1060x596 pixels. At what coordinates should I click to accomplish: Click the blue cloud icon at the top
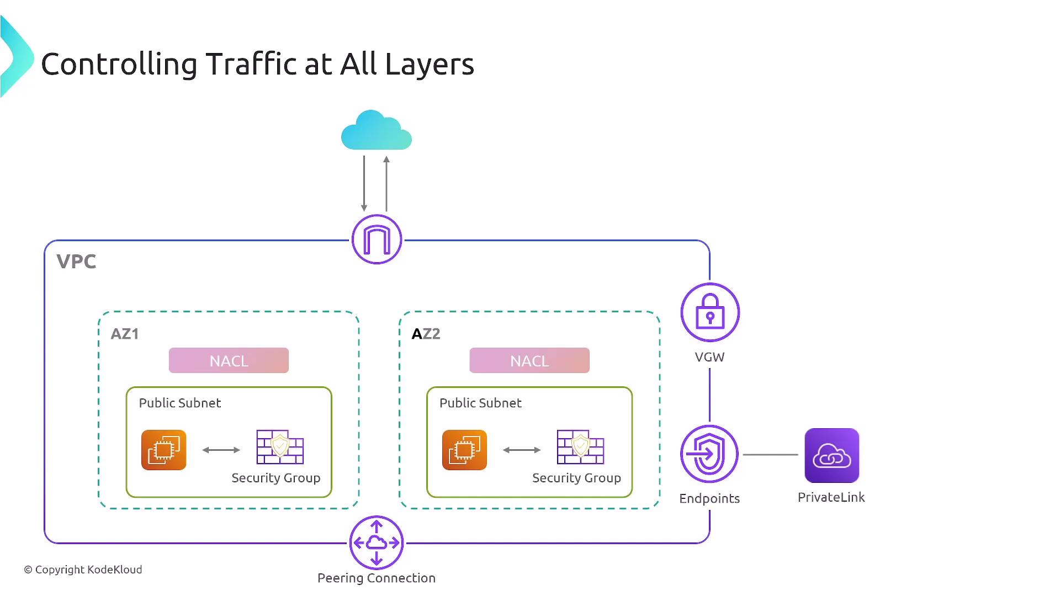(377, 131)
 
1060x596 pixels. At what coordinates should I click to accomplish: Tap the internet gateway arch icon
(377, 240)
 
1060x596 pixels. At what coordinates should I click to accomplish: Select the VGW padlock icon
(710, 312)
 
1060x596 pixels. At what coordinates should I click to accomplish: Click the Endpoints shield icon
(709, 454)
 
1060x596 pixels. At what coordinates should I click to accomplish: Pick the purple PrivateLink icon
(832, 455)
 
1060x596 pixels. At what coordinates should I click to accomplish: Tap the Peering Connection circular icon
(377, 542)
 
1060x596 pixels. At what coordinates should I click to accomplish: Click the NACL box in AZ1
(229, 360)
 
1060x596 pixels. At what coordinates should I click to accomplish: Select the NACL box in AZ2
(529, 360)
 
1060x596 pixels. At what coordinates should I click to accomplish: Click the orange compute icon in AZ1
(164, 450)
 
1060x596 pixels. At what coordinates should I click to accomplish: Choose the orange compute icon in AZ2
(464, 450)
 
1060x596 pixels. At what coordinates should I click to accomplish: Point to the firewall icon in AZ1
(280, 447)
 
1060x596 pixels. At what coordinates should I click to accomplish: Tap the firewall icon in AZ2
(580, 447)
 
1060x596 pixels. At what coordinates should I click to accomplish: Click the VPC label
(76, 261)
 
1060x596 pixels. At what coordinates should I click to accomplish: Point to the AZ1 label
(125, 334)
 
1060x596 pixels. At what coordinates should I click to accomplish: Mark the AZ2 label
(426, 334)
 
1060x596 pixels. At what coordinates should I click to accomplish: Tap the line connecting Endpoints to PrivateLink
(770, 455)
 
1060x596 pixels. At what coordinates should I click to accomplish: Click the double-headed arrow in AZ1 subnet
(221, 450)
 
